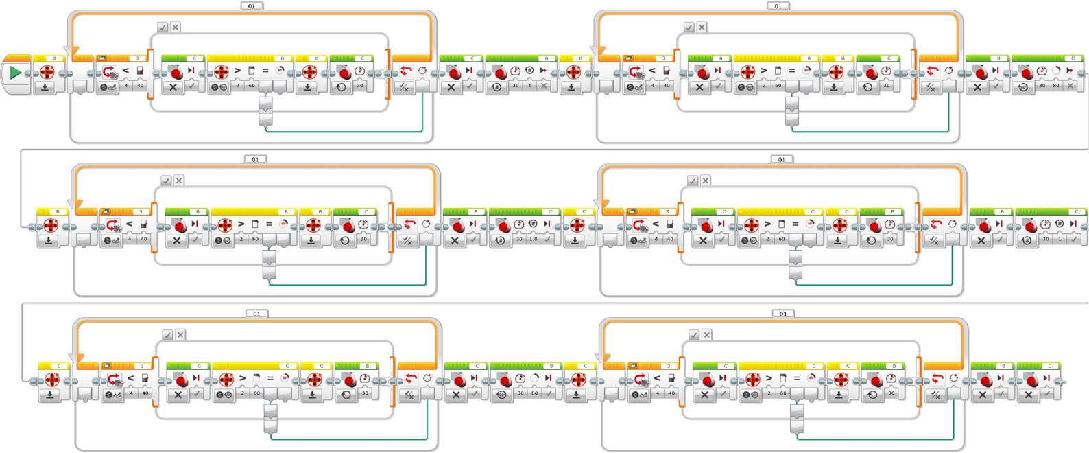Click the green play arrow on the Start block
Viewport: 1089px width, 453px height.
(x=15, y=73)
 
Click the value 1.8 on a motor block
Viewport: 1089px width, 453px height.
(x=534, y=239)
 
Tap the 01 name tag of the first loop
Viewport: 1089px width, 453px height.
(x=252, y=6)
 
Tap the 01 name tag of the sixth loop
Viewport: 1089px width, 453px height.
(x=783, y=314)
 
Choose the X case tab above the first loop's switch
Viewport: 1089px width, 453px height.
(x=176, y=27)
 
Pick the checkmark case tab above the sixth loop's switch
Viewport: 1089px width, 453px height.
(x=694, y=334)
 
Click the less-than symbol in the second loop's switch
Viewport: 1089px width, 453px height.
(x=652, y=70)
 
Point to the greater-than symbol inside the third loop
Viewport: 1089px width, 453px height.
(x=241, y=224)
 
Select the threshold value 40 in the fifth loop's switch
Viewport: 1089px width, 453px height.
(x=145, y=393)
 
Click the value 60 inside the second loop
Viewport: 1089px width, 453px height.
(x=778, y=86)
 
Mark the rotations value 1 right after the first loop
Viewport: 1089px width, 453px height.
(x=529, y=86)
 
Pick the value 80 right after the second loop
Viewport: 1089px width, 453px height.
(x=1056, y=86)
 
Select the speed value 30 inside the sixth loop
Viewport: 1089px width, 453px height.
(x=891, y=393)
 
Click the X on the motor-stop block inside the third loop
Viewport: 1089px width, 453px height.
(x=177, y=240)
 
